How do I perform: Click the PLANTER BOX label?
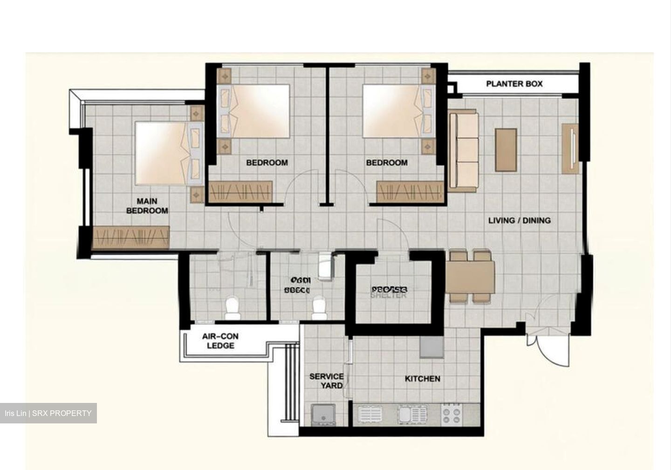click(514, 84)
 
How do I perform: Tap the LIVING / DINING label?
click(519, 220)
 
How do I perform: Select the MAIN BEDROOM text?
click(147, 206)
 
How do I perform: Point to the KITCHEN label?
click(422, 379)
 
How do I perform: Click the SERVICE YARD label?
click(326, 381)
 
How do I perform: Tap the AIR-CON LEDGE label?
click(220, 341)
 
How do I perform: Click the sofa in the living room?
click(463, 150)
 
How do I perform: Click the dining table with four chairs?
click(470, 278)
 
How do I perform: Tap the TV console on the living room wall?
click(570, 149)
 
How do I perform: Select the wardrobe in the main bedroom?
click(131, 237)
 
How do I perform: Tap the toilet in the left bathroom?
click(232, 309)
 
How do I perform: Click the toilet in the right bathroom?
click(319, 309)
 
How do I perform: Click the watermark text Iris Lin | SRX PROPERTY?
click(48, 413)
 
